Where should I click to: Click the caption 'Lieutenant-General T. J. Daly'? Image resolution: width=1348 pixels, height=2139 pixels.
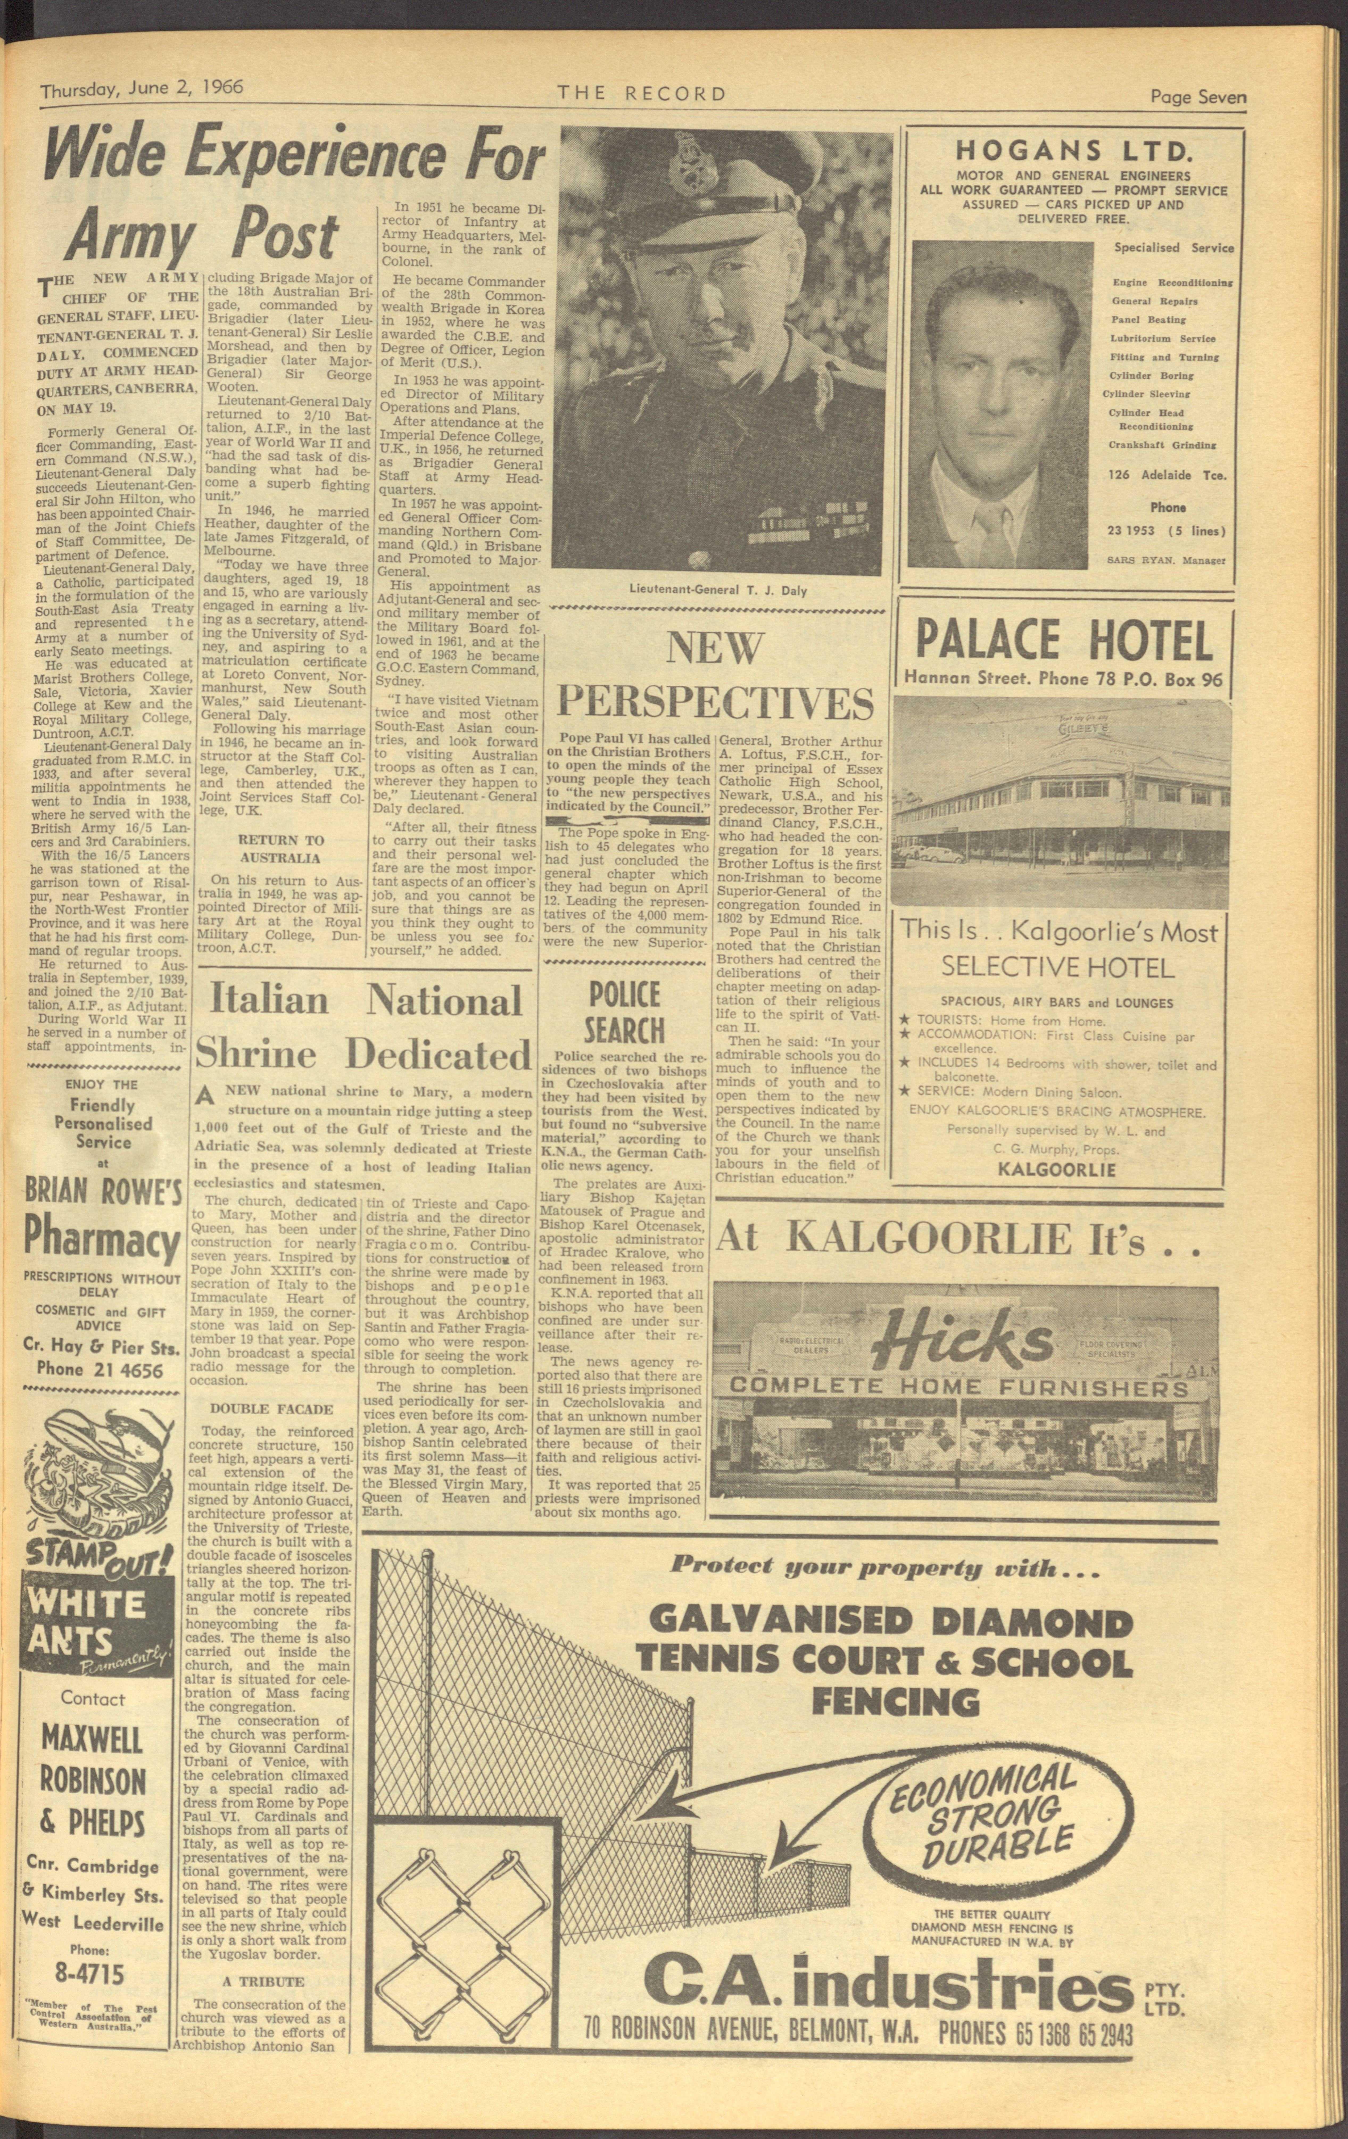[717, 590]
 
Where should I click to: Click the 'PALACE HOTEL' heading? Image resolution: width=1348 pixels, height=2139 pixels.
[1063, 640]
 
